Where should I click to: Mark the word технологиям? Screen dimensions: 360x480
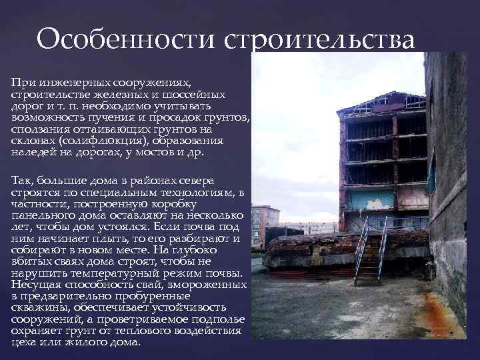click(x=188, y=193)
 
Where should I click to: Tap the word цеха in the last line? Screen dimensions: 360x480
click(x=23, y=343)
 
